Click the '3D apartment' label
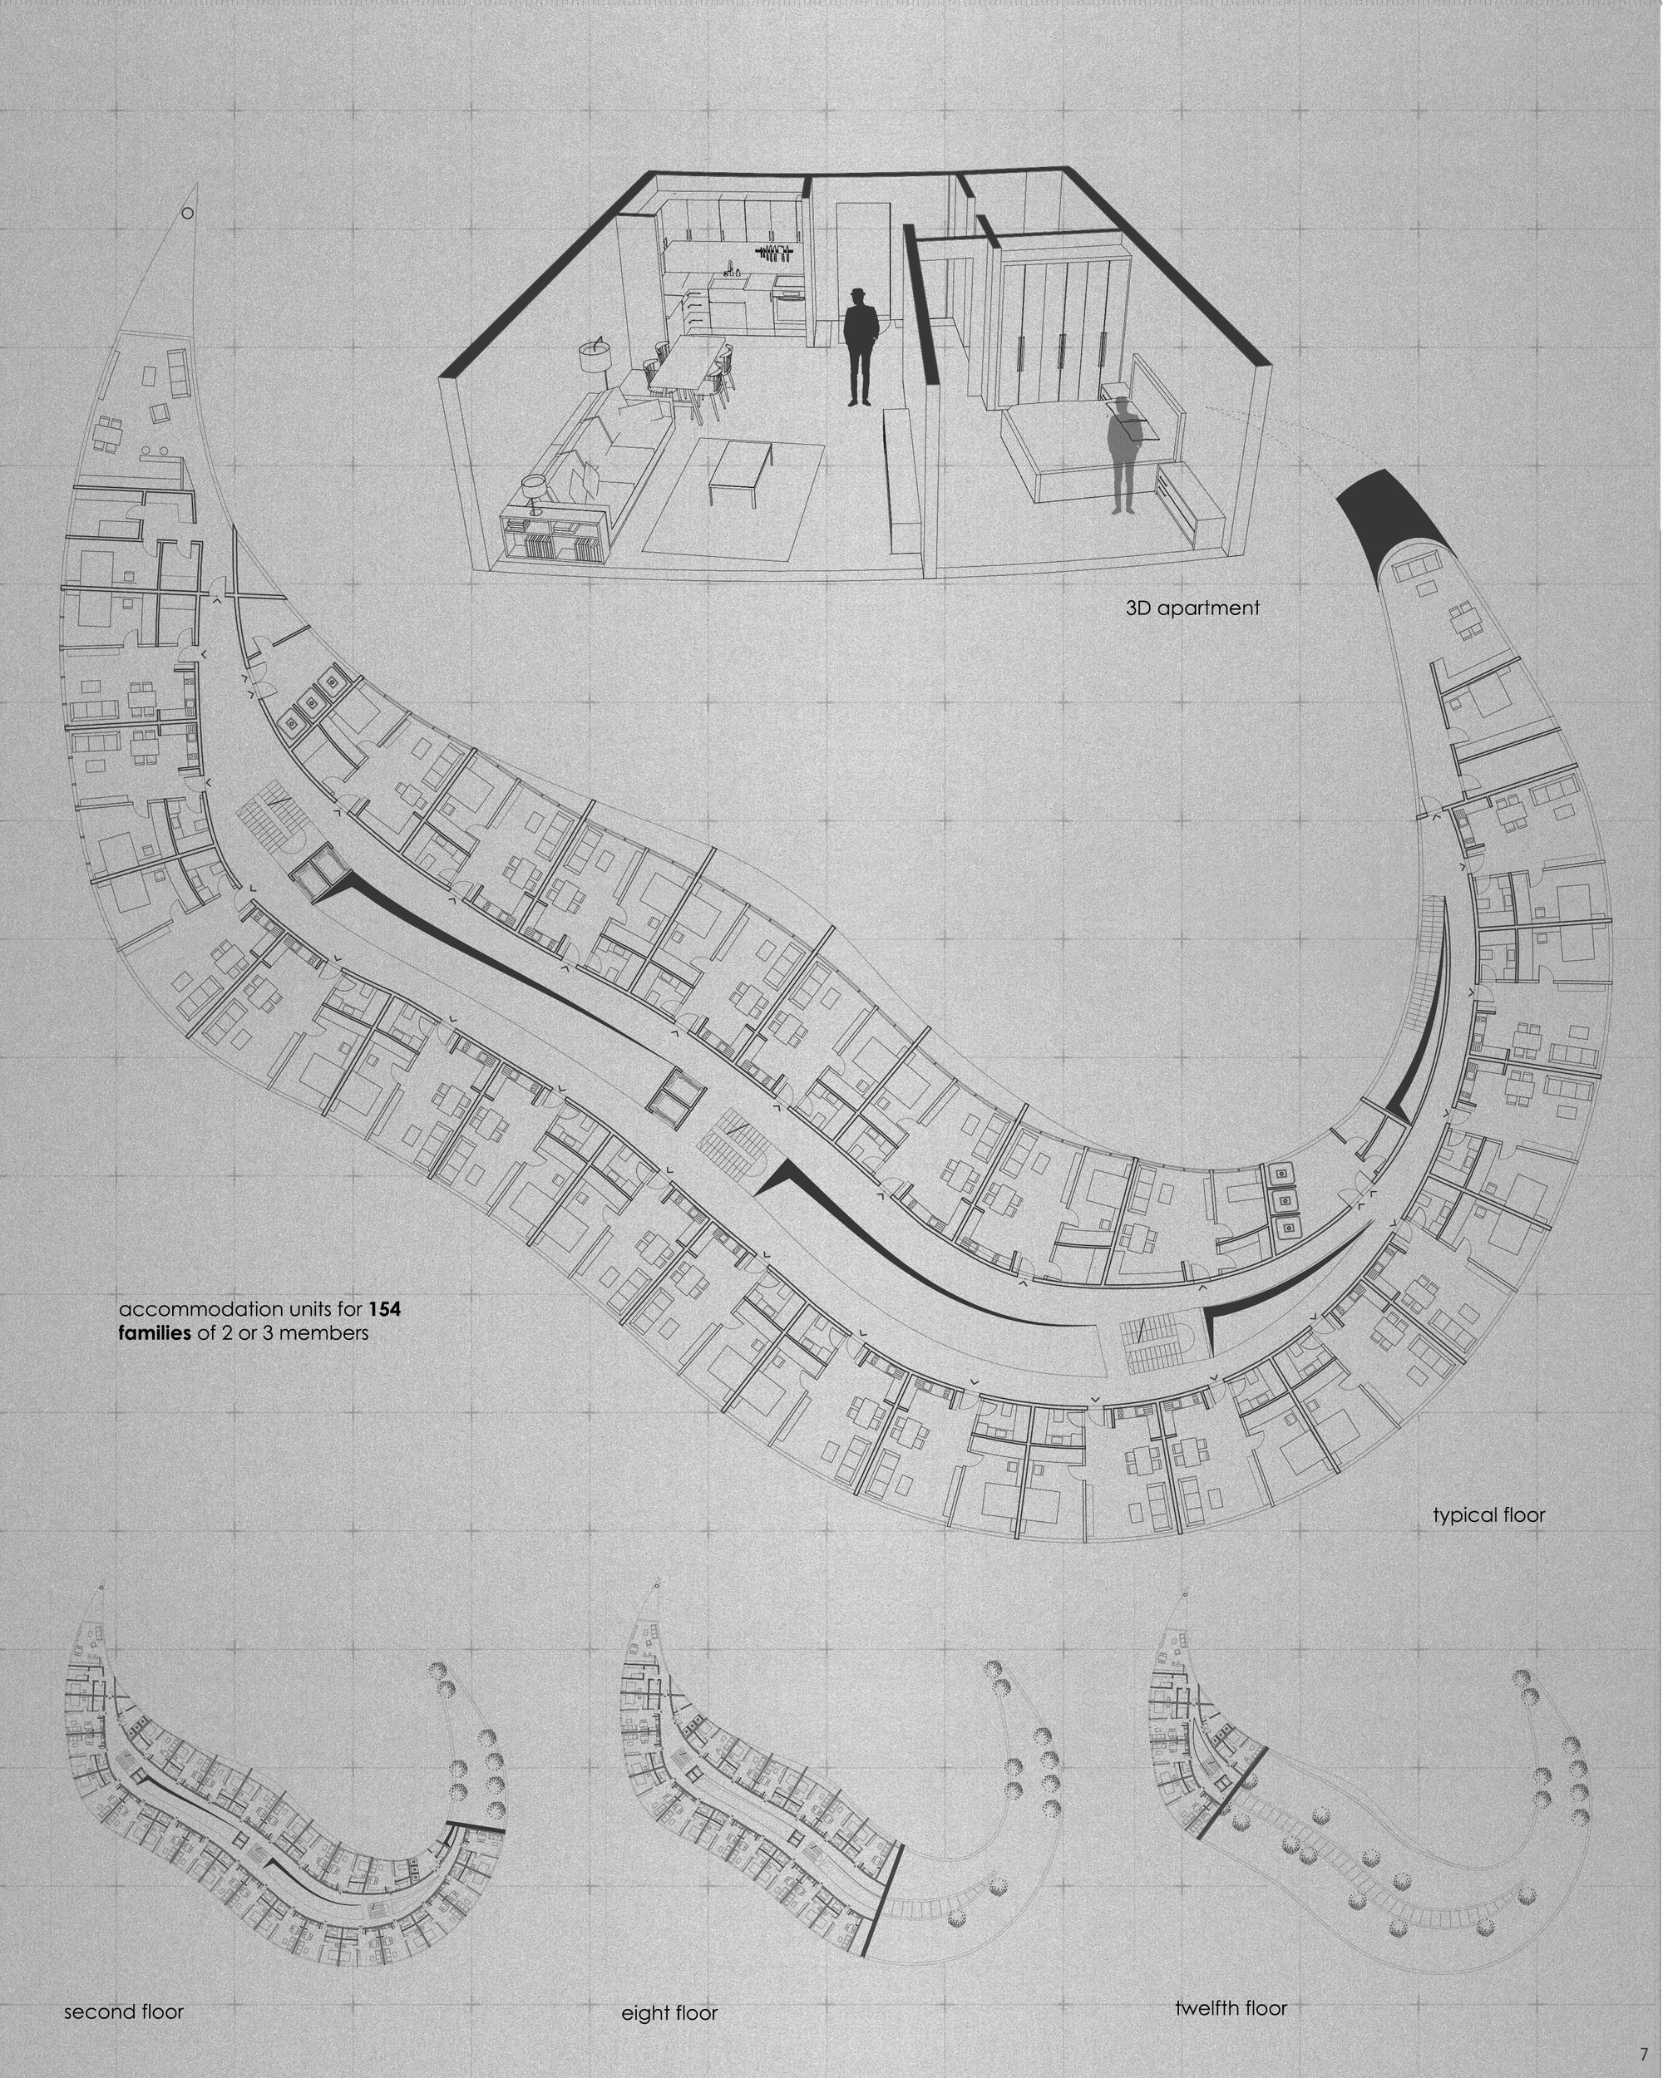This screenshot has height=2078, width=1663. (x=1192, y=608)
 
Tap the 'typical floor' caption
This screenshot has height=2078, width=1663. (x=1488, y=1515)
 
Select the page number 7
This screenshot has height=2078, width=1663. (x=1644, y=2053)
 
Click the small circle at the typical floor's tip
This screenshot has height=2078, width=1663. (x=188, y=213)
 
